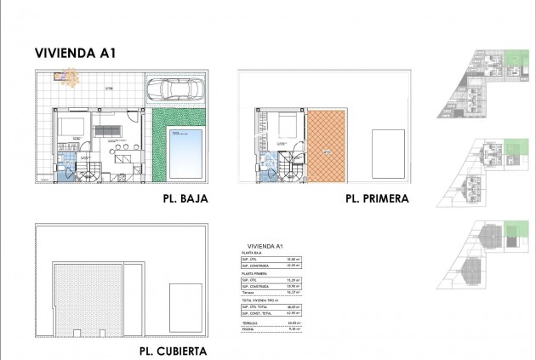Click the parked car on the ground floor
[177, 88]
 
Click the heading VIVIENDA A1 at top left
[76, 53]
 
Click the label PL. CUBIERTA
[172, 351]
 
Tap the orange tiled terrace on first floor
[328, 145]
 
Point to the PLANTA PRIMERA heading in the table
[255, 272]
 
